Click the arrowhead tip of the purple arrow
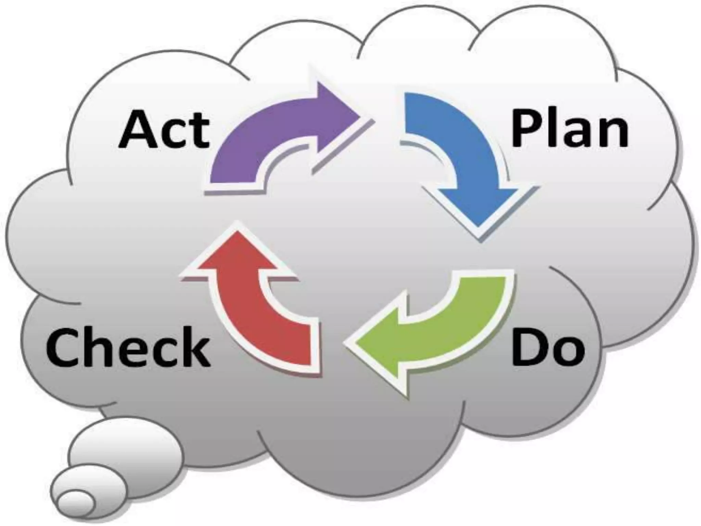coord(359,118)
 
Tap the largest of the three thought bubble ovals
coord(125,450)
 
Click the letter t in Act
coord(200,132)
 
